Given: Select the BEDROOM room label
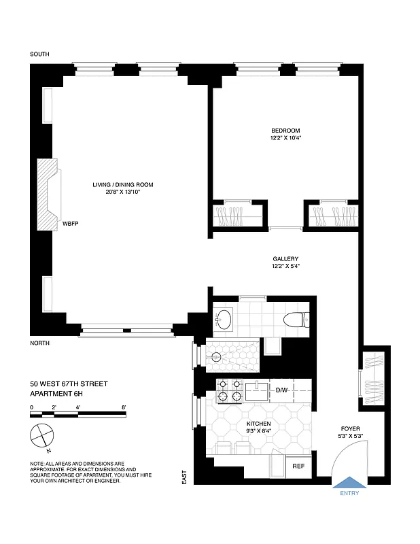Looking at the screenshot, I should (x=285, y=131).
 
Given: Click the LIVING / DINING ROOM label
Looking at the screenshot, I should (x=123, y=184).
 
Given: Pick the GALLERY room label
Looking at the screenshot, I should (x=285, y=258).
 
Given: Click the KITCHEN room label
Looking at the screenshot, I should (x=259, y=423).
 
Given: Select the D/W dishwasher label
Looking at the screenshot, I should (x=282, y=390).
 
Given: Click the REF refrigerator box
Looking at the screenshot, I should (x=298, y=466).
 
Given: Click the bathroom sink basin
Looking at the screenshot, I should (x=224, y=318).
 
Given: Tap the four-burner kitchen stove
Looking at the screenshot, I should (x=229, y=390).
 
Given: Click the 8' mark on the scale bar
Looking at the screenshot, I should (x=124, y=407).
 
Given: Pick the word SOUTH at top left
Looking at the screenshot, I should (x=40, y=54).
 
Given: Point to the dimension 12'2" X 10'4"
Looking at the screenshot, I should (x=285, y=138).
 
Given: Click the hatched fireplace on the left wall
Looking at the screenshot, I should (x=48, y=193).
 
